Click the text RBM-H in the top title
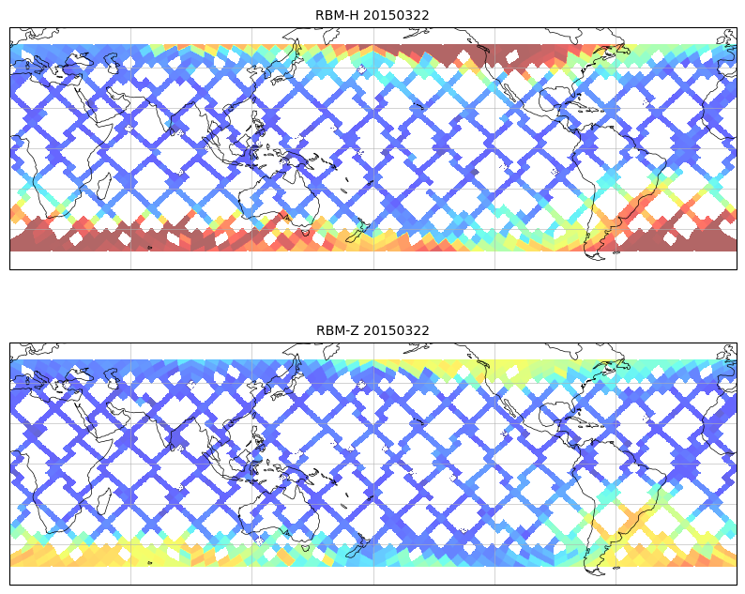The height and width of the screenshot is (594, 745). (x=336, y=15)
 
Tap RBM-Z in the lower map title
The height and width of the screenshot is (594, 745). (x=336, y=330)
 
